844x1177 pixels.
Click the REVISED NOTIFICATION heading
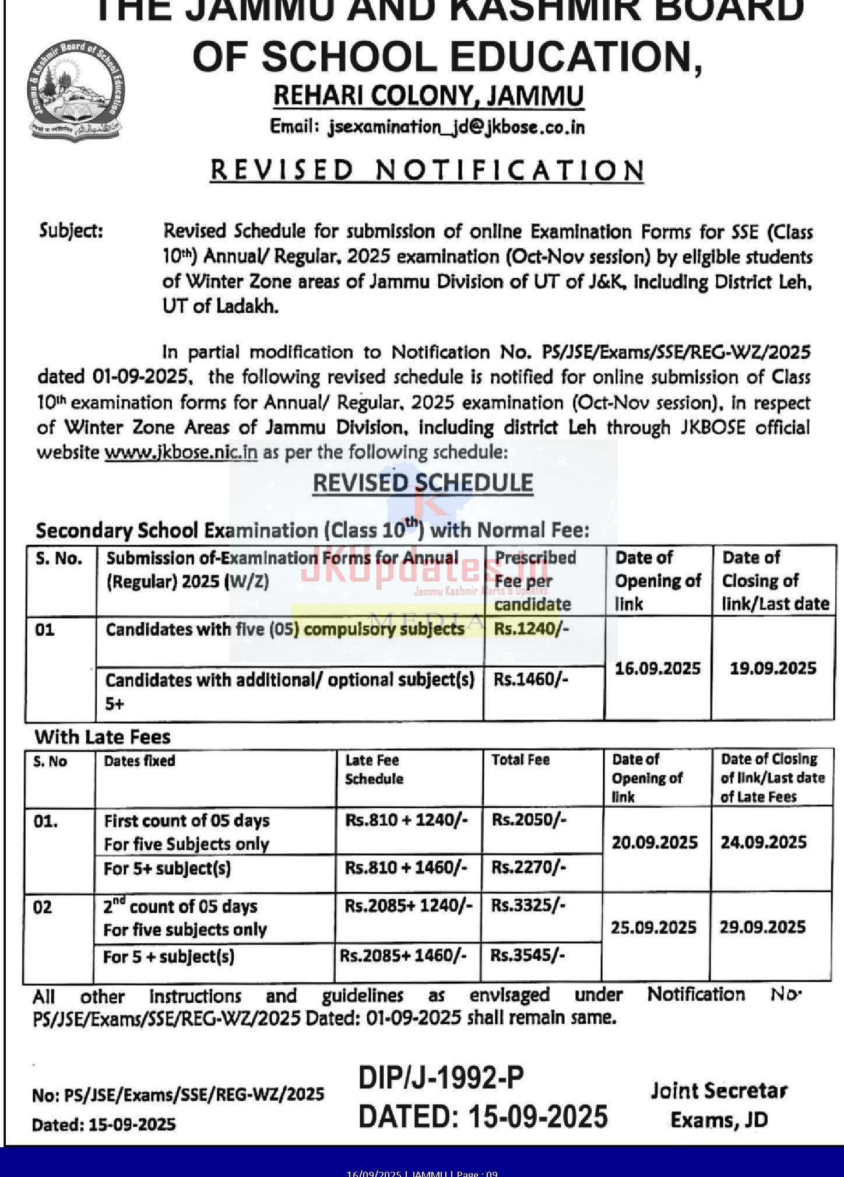tap(427, 170)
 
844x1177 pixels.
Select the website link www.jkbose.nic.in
tap(181, 452)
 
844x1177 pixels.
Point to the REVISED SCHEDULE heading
tap(423, 483)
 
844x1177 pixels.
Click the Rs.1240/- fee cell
tap(531, 629)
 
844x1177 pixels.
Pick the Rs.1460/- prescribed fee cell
tap(531, 679)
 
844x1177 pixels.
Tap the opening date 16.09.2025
tap(657, 668)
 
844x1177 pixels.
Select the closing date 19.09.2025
tap(773, 668)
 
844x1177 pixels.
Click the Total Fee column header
tap(521, 760)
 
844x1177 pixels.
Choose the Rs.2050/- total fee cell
tap(529, 820)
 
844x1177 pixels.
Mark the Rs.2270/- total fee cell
tap(529, 868)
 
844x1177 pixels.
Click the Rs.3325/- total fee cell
tap(528, 906)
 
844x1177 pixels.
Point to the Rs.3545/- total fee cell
tap(527, 955)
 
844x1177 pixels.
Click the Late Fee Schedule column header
tap(374, 769)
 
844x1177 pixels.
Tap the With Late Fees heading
tap(103, 737)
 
